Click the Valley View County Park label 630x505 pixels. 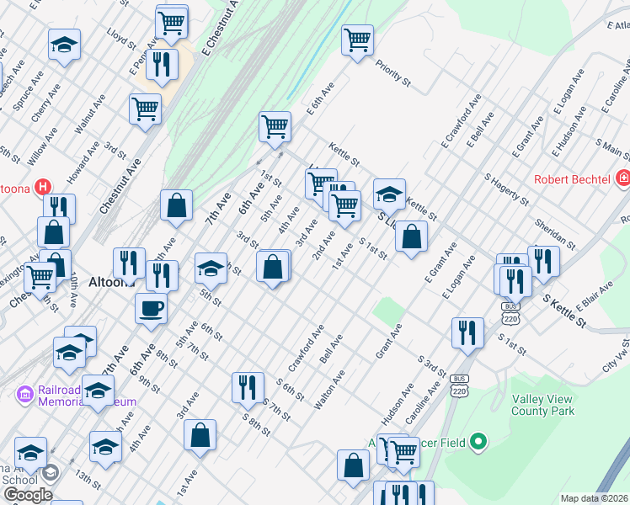tap(543, 404)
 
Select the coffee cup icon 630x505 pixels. tap(151, 308)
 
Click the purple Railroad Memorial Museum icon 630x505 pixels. tap(24, 393)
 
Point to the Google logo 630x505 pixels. tap(27, 495)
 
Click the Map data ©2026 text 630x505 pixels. tap(593, 498)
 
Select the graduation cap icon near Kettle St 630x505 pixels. tap(389, 194)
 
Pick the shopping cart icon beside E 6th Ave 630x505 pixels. tap(275, 127)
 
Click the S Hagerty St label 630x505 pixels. tap(505, 189)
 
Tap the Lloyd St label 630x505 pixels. tap(116, 38)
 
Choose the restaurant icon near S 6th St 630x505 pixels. tap(248, 387)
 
